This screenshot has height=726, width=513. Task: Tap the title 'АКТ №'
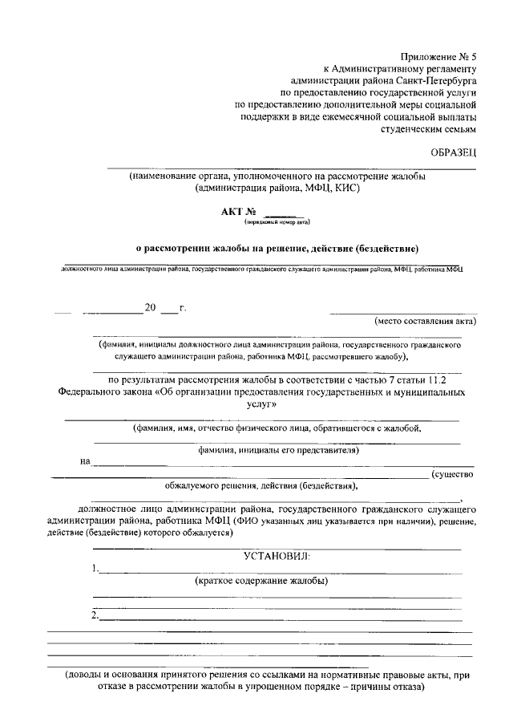pos(237,212)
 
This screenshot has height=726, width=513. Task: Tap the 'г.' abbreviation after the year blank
pos(183,307)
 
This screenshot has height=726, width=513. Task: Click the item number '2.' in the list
pos(95,615)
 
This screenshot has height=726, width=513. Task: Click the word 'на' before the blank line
pos(85,461)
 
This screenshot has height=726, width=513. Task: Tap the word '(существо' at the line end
pos(453,474)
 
